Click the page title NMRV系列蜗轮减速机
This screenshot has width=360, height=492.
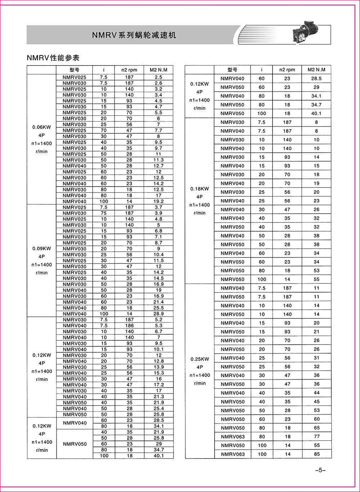pos(134,35)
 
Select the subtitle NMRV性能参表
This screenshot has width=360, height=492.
pos(53,58)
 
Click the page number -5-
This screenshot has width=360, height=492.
pos(320,470)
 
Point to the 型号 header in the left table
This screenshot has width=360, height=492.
pos(75,70)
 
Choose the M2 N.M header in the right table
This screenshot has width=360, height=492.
pos(316,70)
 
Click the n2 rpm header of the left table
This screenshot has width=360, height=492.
pos(129,70)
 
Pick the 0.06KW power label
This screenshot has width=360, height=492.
pos(42,127)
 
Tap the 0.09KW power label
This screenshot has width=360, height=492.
pos(42,249)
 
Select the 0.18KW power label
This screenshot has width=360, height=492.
pos(200,189)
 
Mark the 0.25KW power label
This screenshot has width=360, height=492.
pos(200,359)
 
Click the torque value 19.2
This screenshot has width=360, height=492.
pos(158,201)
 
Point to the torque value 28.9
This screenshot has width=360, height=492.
pos(158,314)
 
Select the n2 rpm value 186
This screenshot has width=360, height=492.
pos(129,326)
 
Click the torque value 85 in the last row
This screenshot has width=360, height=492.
pos(316,454)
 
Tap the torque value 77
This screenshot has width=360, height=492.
pos(316,437)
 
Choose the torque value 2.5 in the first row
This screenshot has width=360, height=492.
pos(158,77)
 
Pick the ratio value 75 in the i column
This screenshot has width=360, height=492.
pos(104,213)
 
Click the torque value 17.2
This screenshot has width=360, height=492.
pos(158,385)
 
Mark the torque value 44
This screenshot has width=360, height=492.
pos(316,393)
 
